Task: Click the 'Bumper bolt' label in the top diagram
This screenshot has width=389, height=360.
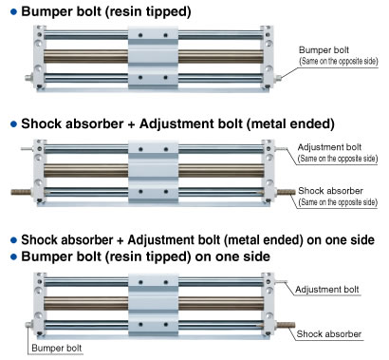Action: click(x=324, y=50)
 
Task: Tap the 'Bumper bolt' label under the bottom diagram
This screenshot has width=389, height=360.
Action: click(x=57, y=348)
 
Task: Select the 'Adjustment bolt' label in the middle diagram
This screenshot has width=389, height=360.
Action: click(x=329, y=147)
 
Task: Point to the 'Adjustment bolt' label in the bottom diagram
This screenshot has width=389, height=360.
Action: click(x=327, y=290)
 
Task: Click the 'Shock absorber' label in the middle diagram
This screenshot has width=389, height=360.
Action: click(x=330, y=191)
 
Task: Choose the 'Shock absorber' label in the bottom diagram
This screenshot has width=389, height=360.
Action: click(x=329, y=334)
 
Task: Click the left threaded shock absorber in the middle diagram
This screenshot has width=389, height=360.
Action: click(x=22, y=192)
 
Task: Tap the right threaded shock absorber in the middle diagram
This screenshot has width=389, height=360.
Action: click(x=287, y=192)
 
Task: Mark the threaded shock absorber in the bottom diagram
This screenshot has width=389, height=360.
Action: click(x=287, y=325)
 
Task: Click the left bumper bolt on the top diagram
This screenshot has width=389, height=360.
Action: click(x=29, y=77)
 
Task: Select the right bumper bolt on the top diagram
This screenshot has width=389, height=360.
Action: click(x=277, y=78)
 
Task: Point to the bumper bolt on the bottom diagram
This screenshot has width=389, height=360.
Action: click(x=29, y=325)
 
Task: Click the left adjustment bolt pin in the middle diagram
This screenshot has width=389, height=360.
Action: click(x=28, y=148)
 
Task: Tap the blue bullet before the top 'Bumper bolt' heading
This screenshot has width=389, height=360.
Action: click(x=13, y=12)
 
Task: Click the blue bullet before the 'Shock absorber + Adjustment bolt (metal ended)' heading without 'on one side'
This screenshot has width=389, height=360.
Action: click(x=13, y=124)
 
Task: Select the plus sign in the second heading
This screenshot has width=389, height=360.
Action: click(x=132, y=124)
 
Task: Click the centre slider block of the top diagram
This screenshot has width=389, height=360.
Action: click(x=153, y=57)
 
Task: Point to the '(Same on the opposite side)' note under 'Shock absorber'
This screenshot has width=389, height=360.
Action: click(x=338, y=201)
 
